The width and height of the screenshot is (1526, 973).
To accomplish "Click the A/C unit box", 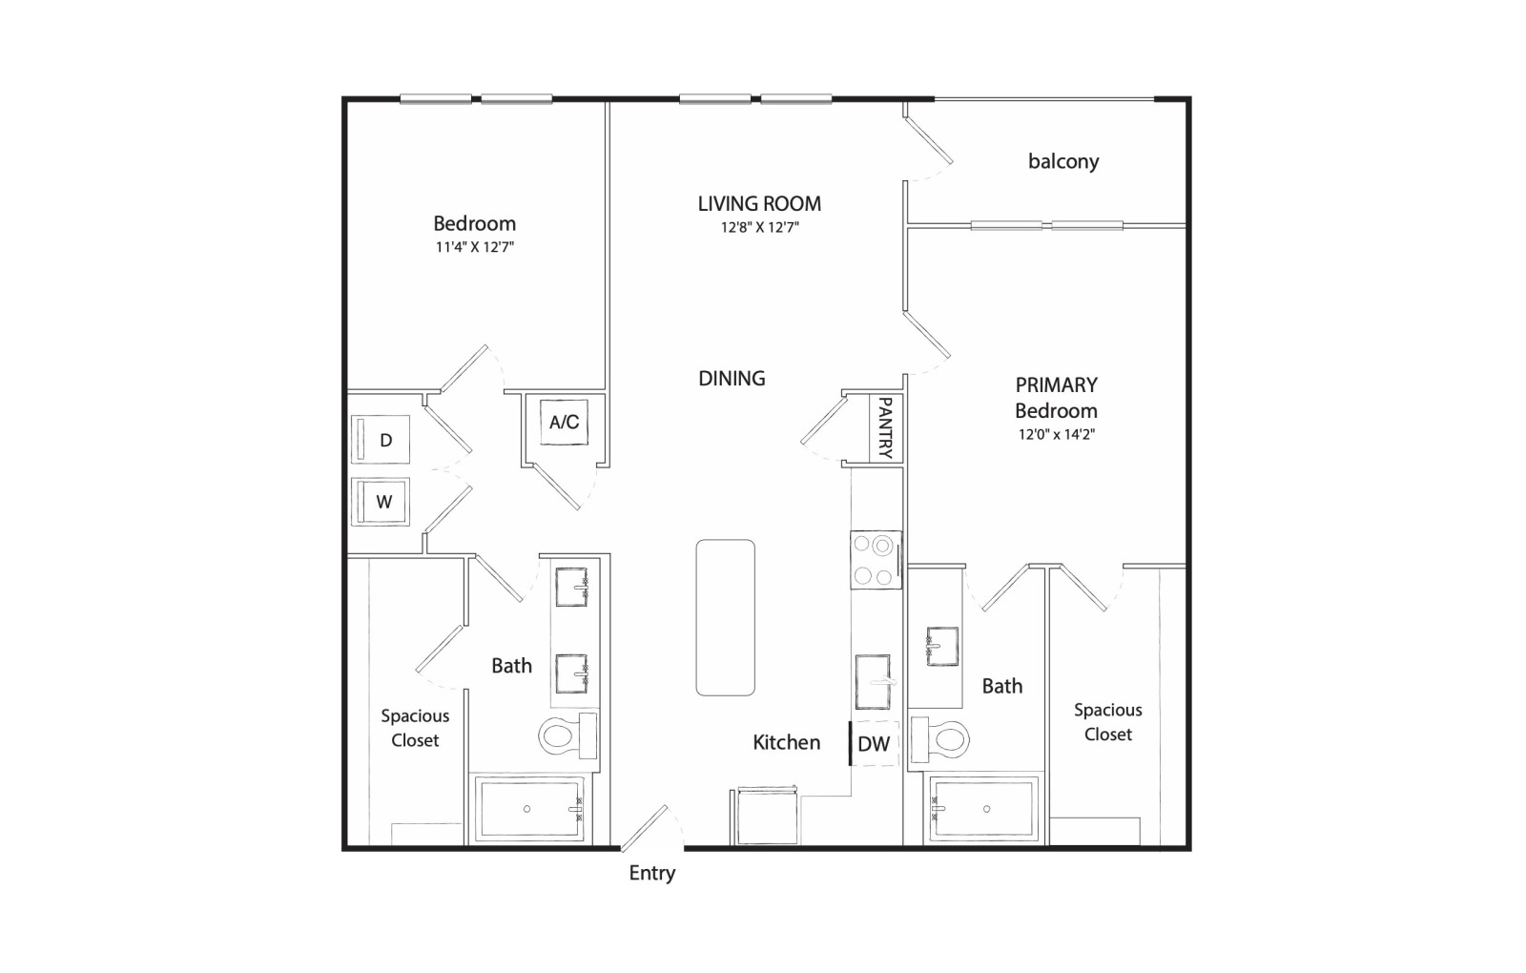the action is [564, 423].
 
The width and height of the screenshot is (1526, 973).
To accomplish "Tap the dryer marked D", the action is [381, 440].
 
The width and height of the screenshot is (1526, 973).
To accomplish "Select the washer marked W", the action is [381, 502].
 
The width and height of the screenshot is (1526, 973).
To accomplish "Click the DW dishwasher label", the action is [874, 743].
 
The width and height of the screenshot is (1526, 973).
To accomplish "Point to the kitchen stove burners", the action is [876, 560].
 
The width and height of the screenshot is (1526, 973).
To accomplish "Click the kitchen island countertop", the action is [726, 617].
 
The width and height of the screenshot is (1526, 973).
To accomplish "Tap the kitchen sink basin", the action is [873, 681].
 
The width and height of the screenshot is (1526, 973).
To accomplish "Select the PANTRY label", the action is [886, 428].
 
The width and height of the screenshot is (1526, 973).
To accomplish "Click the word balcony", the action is [1063, 161].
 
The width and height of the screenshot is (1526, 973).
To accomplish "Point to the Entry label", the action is [652, 874].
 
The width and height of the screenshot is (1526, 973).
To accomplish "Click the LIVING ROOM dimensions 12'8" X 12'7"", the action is [759, 227].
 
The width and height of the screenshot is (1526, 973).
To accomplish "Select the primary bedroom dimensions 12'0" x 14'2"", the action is [1057, 434].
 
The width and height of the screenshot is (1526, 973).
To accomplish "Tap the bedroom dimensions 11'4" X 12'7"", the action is [475, 247].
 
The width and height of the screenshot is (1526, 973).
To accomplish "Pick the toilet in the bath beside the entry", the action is [567, 735].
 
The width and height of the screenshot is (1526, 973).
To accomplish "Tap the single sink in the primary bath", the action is [942, 646].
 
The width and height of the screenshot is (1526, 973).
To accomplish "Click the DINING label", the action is [732, 378].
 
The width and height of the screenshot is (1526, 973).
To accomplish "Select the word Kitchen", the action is [786, 743].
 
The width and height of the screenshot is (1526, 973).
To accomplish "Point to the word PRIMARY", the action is [1057, 385].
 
